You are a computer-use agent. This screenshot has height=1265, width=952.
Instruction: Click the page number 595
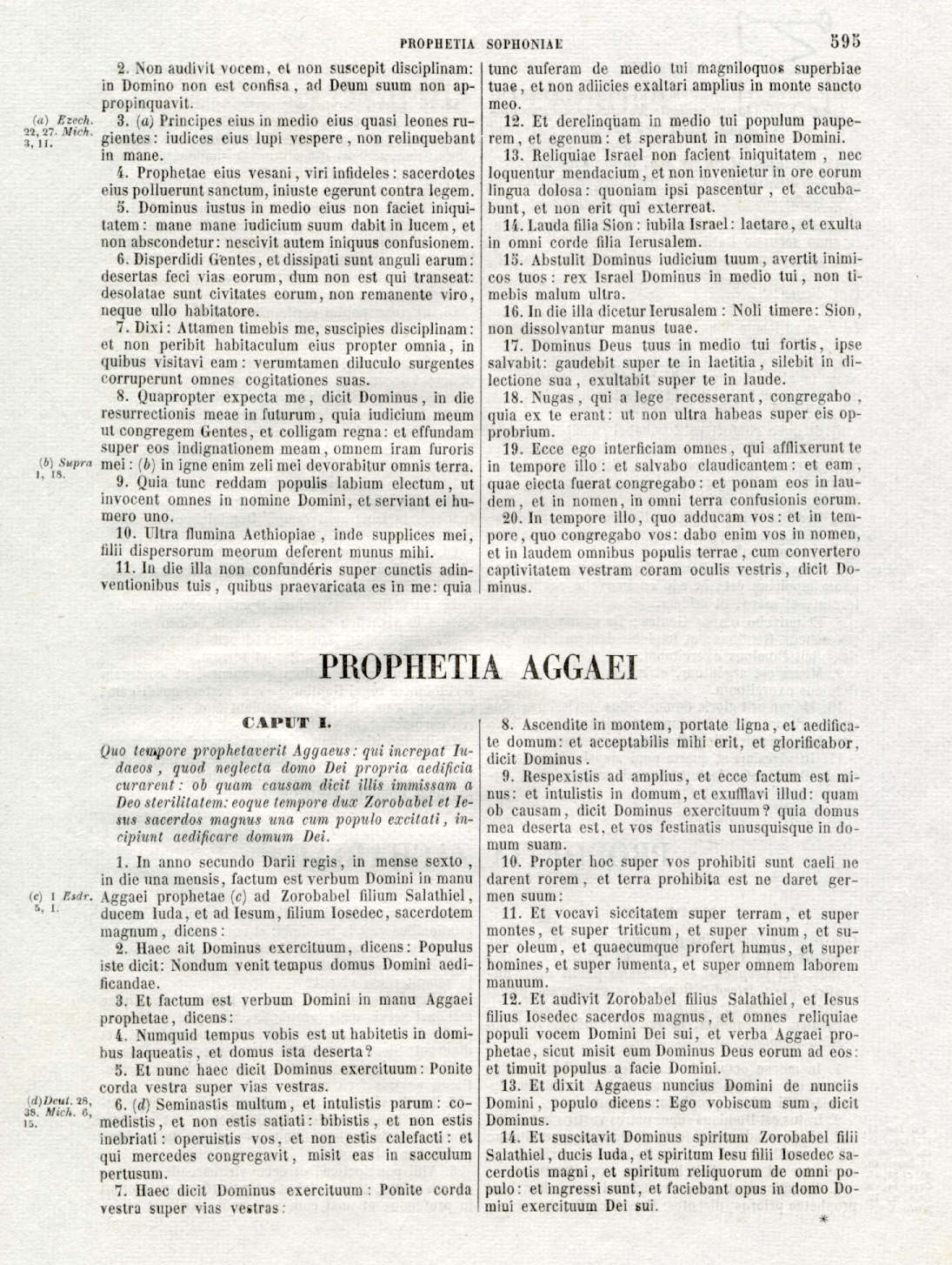[x=844, y=40]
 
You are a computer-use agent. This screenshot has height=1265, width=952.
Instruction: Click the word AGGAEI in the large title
[x=578, y=667]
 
